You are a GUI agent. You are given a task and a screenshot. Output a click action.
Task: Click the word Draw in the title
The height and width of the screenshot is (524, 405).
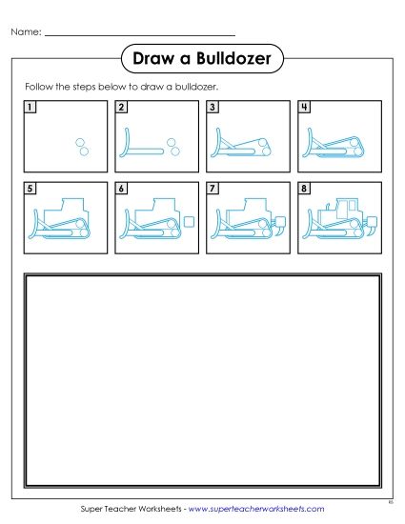coord(155,59)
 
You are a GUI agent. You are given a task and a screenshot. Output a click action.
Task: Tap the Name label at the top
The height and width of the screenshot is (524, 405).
coord(26,32)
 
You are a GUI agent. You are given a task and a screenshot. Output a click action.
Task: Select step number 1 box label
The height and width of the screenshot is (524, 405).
coord(31,107)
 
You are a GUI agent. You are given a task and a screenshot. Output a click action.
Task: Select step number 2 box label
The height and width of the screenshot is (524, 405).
coord(121,107)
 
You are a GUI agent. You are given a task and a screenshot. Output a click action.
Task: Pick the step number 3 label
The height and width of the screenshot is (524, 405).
coord(212,107)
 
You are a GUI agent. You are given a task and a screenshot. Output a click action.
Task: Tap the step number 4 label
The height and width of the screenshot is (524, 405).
coord(303,107)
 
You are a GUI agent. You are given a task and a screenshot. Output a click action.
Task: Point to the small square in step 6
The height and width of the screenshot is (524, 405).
coord(189,222)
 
